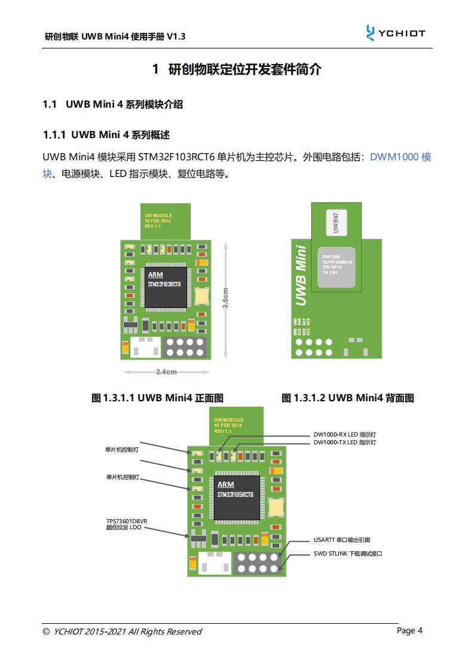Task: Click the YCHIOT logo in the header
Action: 395,33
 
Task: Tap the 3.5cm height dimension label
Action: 225,298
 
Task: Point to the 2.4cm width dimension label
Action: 166,372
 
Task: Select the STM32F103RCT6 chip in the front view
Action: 164,283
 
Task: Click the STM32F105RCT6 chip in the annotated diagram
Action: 235,494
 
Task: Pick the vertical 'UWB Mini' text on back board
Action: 302,275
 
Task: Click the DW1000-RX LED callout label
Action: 344,435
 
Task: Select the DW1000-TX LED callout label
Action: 344,443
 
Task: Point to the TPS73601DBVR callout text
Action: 127,524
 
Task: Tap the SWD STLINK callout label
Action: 347,554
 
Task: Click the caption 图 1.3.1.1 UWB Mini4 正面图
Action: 157,398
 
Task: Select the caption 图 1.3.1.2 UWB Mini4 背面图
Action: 348,398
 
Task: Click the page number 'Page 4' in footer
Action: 410,630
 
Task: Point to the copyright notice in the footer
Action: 122,632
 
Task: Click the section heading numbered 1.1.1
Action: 106,135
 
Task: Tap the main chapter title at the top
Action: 237,69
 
